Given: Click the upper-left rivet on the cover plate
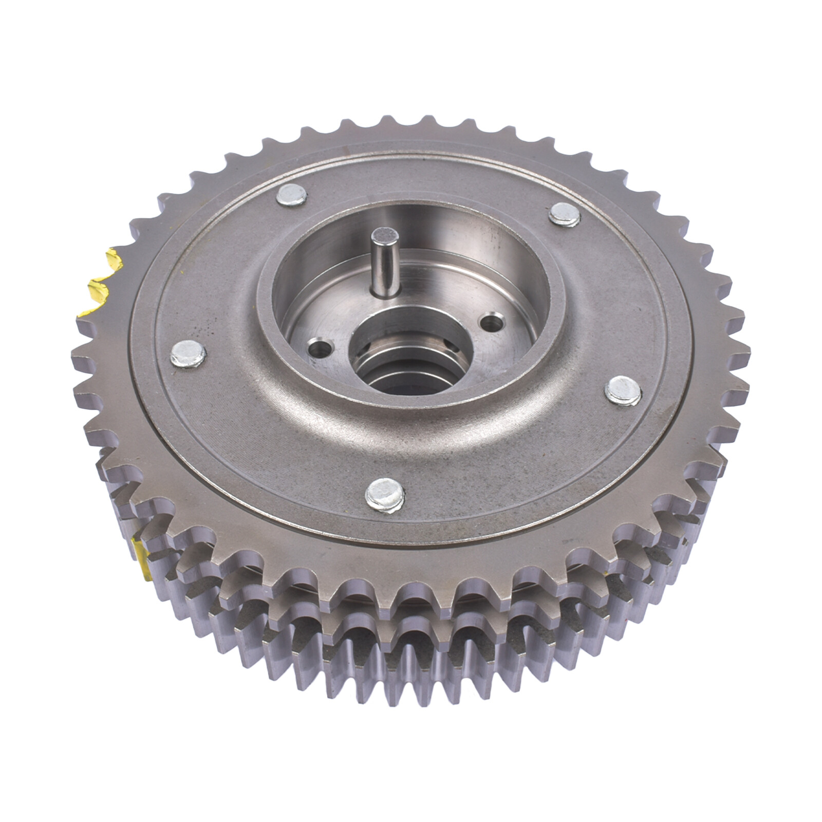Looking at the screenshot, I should [x=291, y=195].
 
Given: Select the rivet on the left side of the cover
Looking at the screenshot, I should [x=188, y=353].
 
